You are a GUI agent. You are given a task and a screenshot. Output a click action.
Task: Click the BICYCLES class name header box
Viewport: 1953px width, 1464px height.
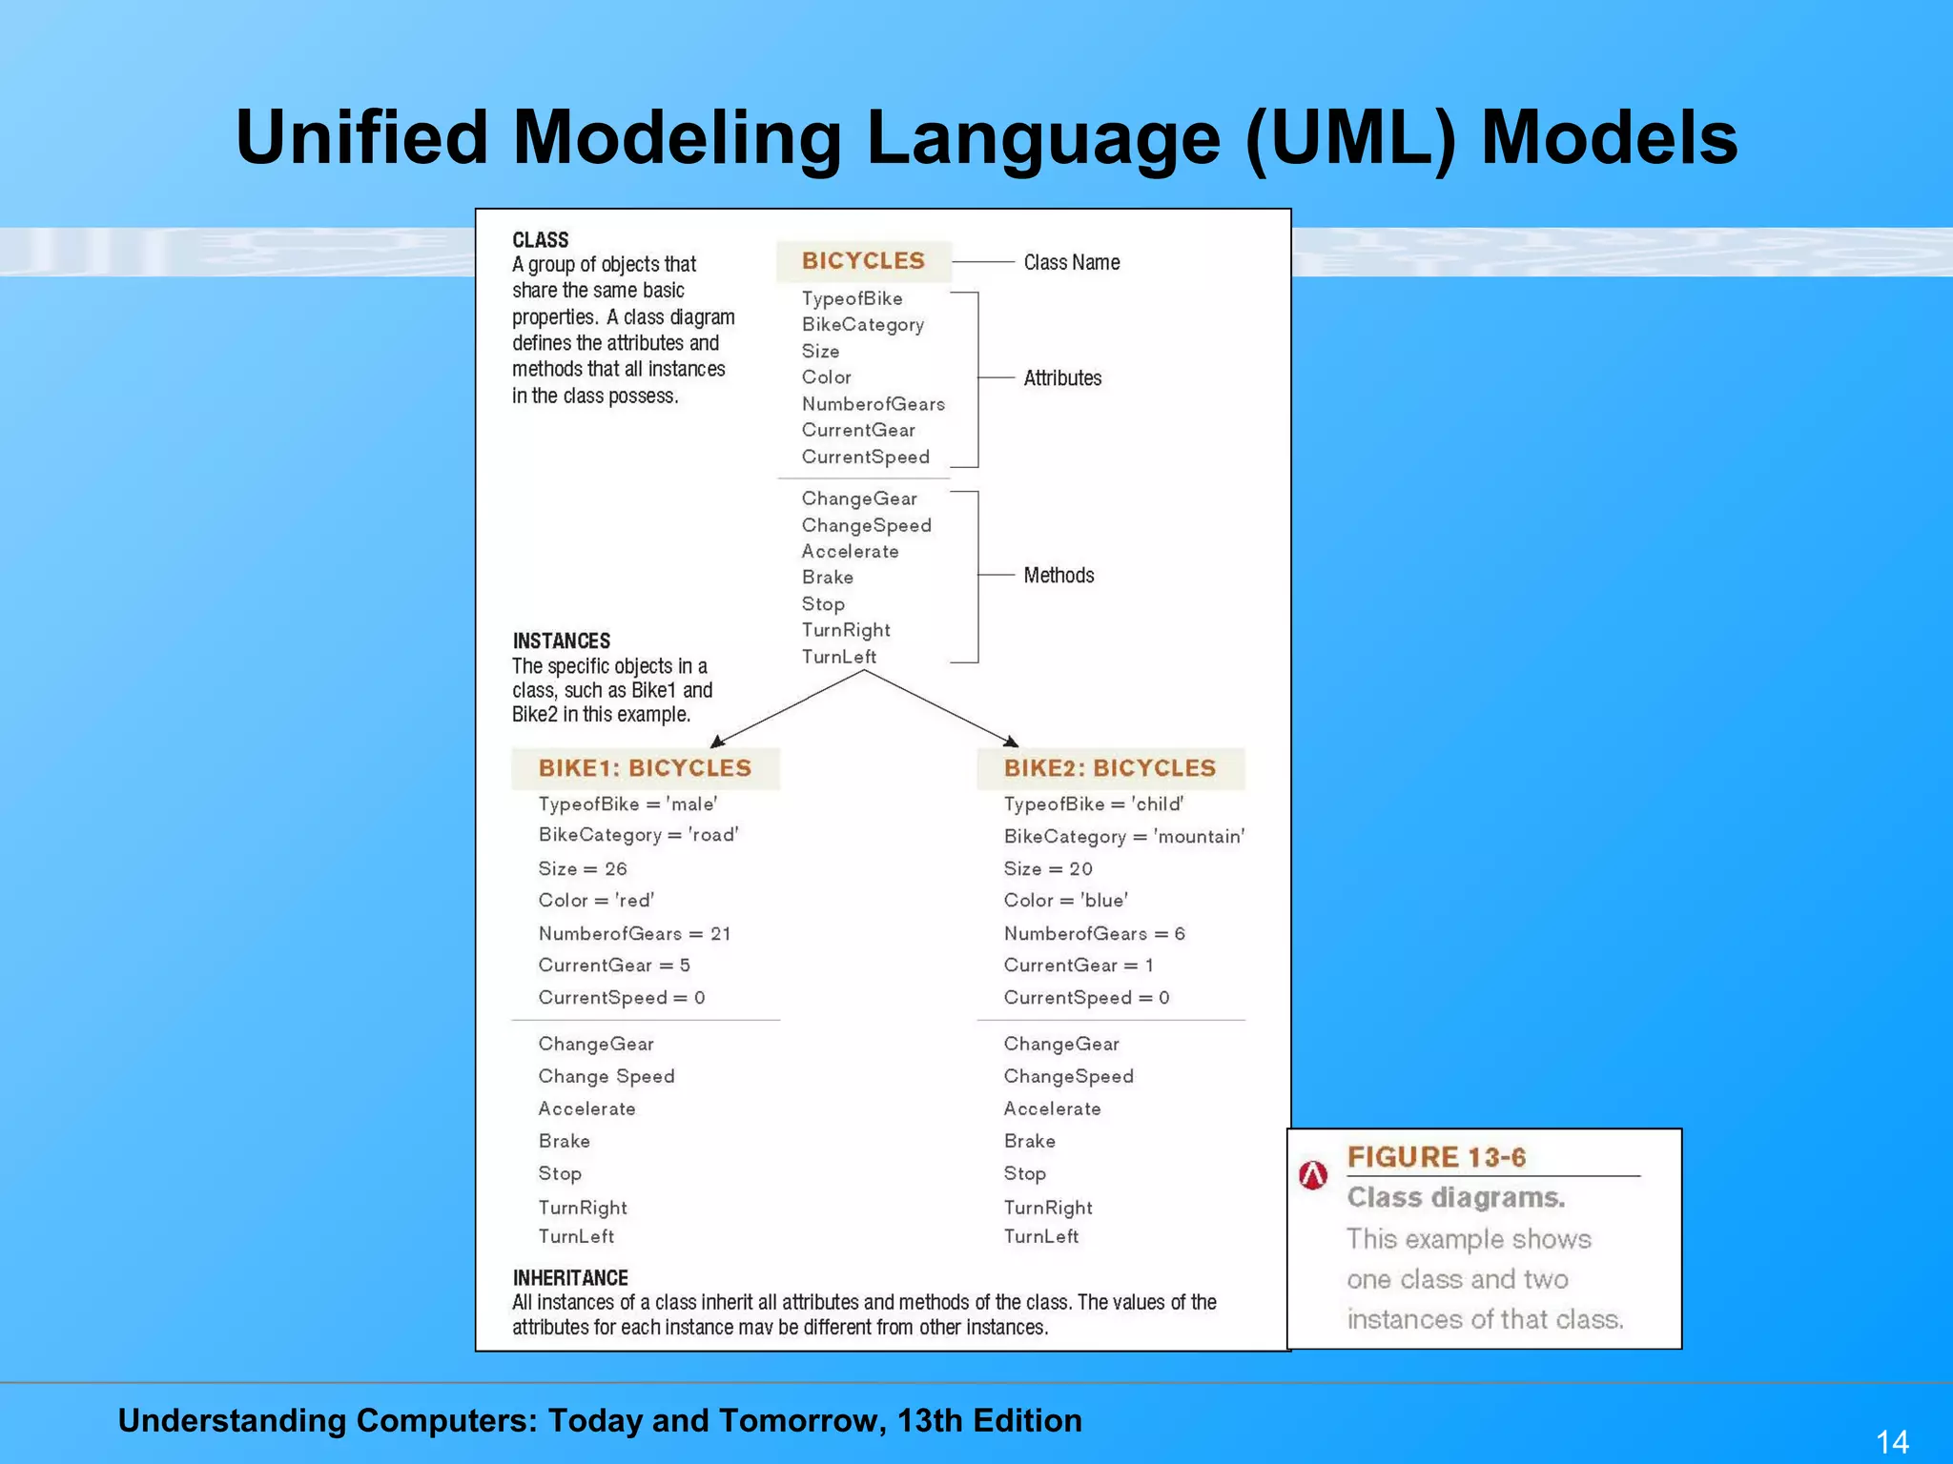863,261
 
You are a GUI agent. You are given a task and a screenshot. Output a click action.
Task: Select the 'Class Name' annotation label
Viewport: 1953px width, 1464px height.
1071,262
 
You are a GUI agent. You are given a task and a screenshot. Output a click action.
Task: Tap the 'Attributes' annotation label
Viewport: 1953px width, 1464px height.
1062,378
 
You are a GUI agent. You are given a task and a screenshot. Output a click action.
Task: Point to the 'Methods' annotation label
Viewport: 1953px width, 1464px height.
1059,576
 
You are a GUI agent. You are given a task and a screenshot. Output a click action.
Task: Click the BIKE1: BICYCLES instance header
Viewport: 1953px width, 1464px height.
645,768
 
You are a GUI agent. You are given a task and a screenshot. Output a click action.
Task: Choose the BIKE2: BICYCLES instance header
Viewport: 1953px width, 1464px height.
1110,768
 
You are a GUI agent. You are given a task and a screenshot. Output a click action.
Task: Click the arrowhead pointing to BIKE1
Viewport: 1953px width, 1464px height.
717,742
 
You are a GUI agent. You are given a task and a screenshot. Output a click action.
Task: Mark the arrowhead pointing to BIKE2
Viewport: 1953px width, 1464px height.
1012,742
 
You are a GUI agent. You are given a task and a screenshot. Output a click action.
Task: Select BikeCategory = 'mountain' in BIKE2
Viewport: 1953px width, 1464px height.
1123,837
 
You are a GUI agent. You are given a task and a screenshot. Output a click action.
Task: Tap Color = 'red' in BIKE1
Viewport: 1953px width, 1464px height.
596,901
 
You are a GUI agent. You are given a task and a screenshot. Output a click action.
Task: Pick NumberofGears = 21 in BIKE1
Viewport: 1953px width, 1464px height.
634,934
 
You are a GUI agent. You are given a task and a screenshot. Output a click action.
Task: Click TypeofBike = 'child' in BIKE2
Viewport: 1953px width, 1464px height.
1094,804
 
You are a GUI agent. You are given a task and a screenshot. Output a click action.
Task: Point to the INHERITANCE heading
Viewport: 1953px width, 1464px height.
570,1278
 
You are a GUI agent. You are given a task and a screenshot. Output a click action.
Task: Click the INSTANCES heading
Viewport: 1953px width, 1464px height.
561,640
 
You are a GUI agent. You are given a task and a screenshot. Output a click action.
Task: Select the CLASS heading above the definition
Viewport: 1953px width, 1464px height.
540,240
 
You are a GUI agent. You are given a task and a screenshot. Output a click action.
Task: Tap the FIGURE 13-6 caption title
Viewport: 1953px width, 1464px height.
1436,1157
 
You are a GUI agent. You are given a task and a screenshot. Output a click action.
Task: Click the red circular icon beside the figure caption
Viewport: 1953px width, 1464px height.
1313,1175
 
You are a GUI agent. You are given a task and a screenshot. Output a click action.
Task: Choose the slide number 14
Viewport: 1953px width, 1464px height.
1892,1441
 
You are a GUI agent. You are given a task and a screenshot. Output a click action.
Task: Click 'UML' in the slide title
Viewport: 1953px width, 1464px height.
1351,138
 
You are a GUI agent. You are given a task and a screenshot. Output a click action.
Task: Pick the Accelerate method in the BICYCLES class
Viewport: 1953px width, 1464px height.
850,552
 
